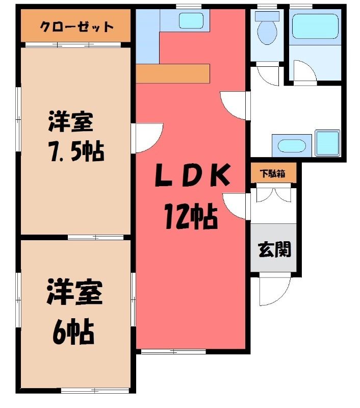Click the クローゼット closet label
coord(76,27)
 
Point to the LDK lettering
coord(192,175)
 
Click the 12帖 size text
coord(191,215)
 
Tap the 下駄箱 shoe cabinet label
coord(273,173)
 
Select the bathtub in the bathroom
coord(315,26)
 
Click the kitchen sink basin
coord(191,20)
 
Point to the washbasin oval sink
coord(291,146)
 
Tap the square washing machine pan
coord(327,143)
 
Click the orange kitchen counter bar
coord(173,73)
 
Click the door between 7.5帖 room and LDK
coord(147,138)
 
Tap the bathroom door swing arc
coord(304,70)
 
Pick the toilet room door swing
coord(268,75)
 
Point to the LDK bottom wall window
coord(173,352)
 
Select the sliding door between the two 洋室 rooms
coord(95,237)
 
